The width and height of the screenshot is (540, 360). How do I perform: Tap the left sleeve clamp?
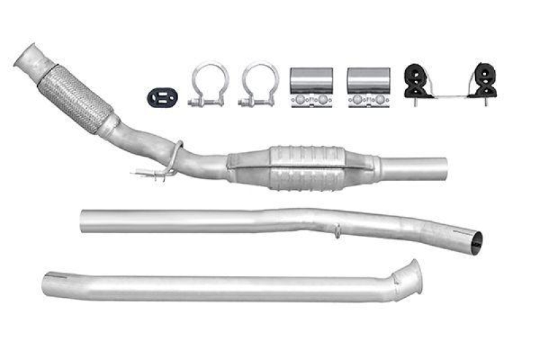tap(311, 87)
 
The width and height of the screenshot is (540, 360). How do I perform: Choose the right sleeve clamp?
tap(368, 87)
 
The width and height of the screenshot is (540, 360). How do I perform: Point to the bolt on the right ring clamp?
tap(246, 103)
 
